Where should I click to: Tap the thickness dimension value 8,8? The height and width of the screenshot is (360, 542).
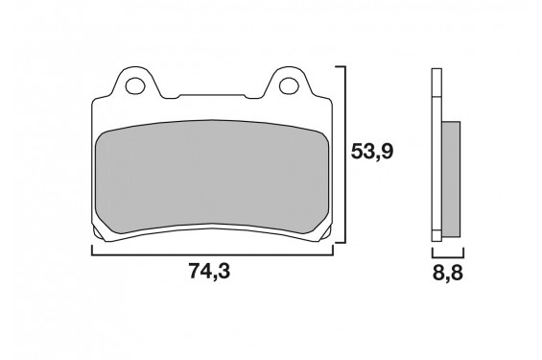click(444, 272)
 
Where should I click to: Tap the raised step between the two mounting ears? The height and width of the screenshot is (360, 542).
click(211, 96)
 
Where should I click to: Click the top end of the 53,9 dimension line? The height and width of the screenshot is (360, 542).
click(342, 68)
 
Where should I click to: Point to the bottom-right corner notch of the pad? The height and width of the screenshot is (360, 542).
click(325, 233)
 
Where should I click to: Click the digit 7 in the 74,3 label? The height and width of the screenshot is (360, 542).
click(192, 272)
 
